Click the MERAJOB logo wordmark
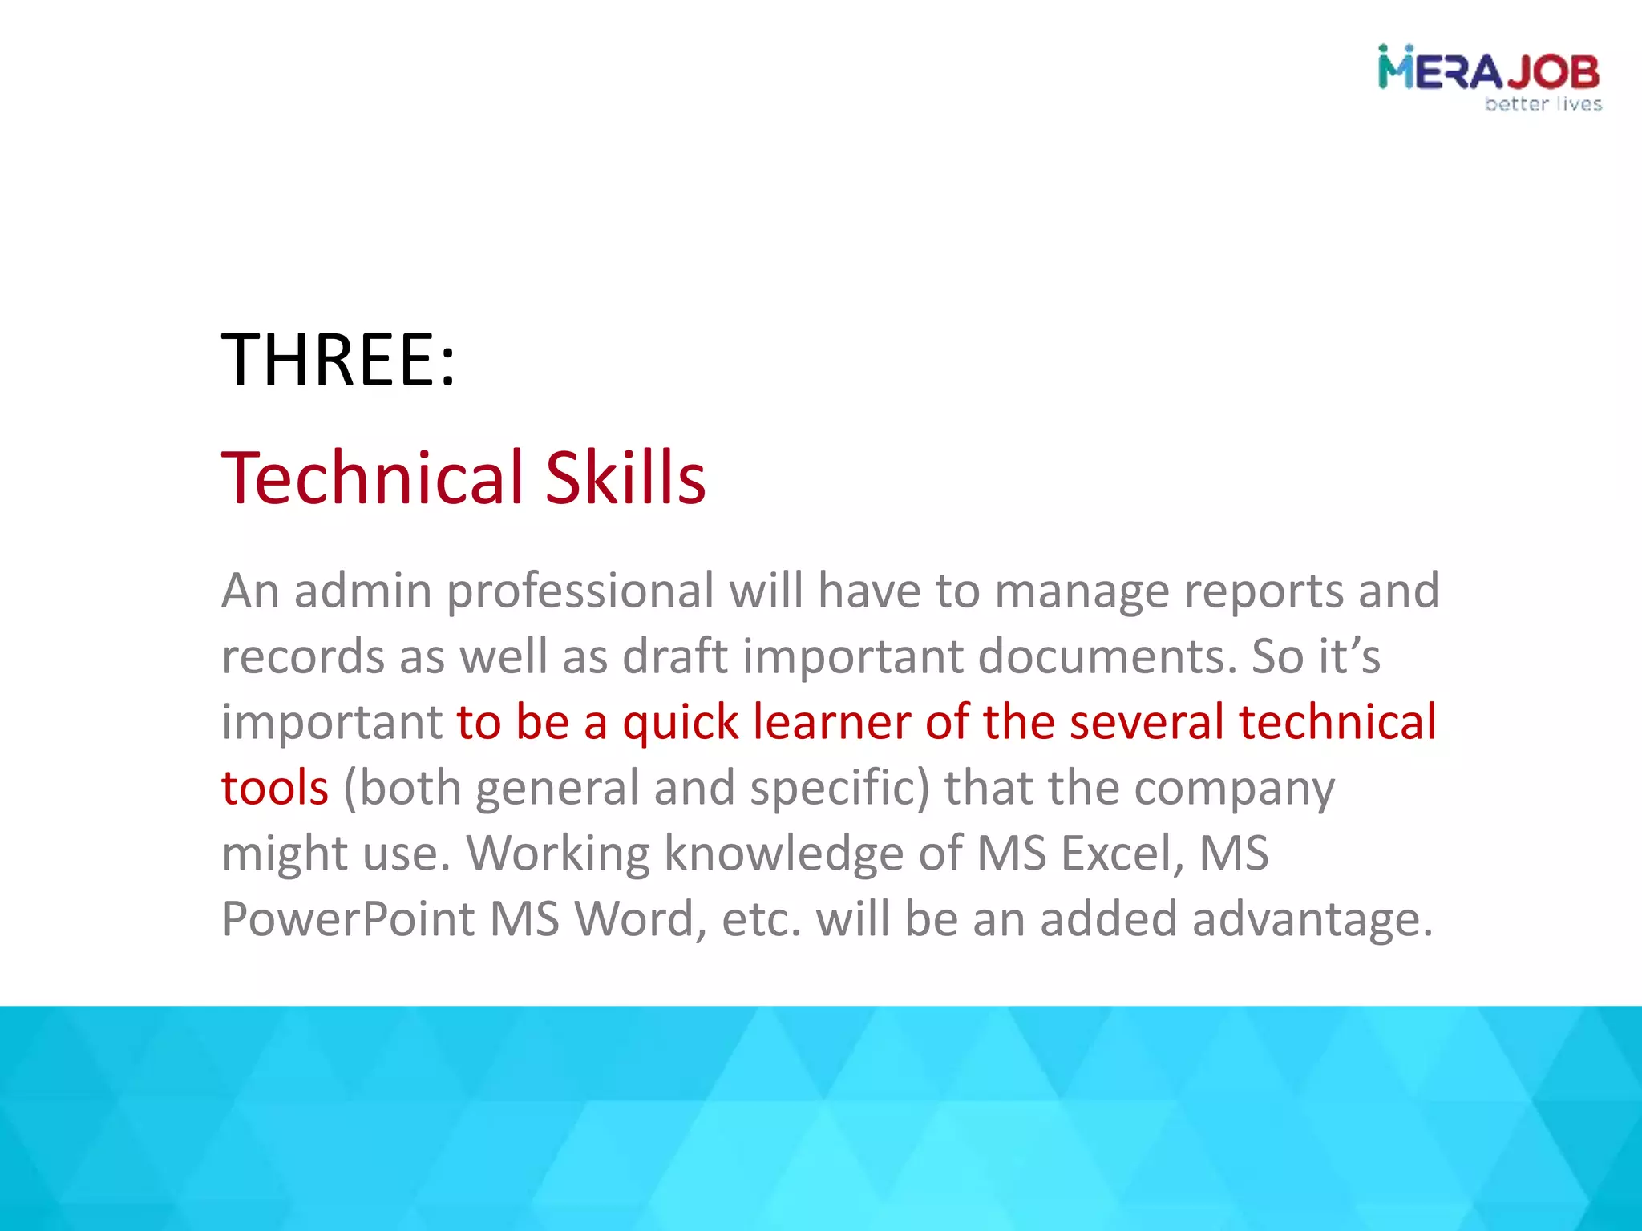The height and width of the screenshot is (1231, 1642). click(1488, 71)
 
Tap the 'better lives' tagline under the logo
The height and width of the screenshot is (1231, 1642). click(1543, 104)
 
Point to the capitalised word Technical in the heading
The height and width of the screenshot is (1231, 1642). click(373, 478)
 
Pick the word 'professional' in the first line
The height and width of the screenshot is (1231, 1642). click(580, 592)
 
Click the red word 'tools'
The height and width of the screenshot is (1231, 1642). click(275, 788)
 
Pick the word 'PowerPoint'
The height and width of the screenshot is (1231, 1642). click(348, 918)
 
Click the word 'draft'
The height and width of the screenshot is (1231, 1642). click(675, 656)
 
